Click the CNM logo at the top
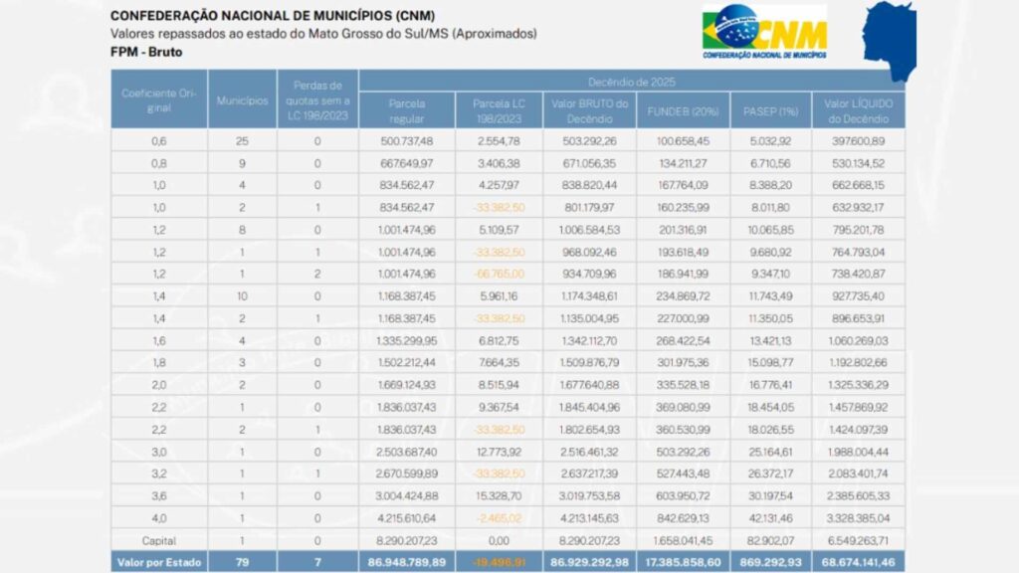coord(764,33)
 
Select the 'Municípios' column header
coord(237,99)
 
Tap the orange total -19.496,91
coord(500,562)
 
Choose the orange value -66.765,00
coord(500,273)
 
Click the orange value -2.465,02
coord(500,518)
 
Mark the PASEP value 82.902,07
coord(771,540)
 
